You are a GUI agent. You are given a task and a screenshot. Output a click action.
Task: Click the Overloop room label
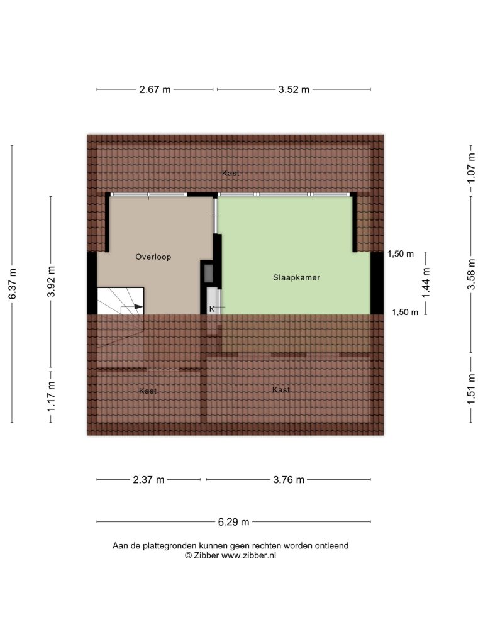pos(153,257)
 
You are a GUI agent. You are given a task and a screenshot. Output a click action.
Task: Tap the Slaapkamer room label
pos(297,277)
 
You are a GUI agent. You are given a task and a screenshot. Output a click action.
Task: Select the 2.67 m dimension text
pos(155,89)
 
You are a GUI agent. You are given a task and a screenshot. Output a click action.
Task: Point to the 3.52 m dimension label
pos(294,89)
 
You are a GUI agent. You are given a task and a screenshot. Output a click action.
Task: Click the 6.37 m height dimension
pos(13,284)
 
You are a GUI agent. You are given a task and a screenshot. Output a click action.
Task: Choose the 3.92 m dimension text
pos(51,281)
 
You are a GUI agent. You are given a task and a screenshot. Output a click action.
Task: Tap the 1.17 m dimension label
pos(51,396)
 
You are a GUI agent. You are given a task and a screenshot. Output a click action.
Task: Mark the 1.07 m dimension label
pos(472,168)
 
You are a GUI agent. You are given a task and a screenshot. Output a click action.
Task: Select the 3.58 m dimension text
pos(472,274)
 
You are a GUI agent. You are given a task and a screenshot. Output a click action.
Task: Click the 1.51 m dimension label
pos(472,389)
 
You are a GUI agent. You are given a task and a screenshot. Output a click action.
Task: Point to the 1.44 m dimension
pos(426,283)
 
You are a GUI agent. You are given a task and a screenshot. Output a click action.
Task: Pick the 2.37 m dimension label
pos(148,480)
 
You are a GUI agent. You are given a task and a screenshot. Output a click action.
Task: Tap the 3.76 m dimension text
pos(289,480)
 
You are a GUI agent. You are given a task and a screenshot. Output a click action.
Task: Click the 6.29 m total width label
pos(234,522)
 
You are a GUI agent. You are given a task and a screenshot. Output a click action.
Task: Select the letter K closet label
pos(212,309)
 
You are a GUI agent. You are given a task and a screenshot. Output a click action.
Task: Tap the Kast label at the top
pos(230,174)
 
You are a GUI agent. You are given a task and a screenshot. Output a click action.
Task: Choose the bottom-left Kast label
pos(148,391)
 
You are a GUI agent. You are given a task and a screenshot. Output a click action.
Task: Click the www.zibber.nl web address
pos(248,556)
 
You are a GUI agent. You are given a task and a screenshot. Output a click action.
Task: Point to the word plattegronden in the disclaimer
pos(169,547)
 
